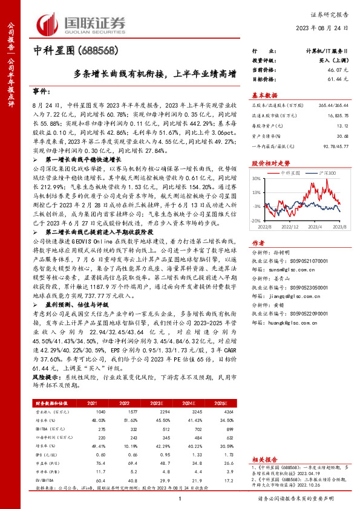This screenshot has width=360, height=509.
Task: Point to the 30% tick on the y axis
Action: (x=257, y=179)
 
